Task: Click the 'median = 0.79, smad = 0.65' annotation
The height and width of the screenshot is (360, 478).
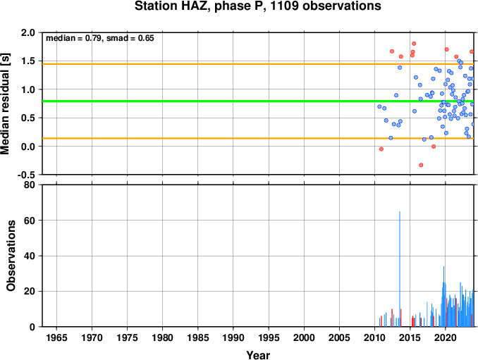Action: (100, 38)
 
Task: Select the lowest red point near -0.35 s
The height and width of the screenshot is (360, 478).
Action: (421, 165)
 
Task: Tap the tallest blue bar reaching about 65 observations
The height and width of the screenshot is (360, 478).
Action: (400, 269)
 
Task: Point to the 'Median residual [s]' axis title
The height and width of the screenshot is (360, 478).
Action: (5, 104)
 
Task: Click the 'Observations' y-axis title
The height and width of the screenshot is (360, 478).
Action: (11, 256)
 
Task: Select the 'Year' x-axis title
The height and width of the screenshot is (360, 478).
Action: (258, 355)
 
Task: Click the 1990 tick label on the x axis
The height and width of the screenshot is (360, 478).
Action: (233, 337)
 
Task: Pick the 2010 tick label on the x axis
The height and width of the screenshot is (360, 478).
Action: (374, 337)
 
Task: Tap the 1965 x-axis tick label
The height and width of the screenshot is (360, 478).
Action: (56, 337)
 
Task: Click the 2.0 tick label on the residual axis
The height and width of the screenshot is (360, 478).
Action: (28, 32)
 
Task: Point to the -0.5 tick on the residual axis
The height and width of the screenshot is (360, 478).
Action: (26, 175)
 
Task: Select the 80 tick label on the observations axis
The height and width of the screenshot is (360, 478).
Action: (30, 185)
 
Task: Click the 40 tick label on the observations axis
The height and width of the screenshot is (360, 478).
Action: (30, 256)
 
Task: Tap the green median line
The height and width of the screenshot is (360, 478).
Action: (258, 101)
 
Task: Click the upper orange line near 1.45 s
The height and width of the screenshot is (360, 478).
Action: (258, 64)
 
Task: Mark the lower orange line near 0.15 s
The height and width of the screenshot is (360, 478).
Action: (258, 138)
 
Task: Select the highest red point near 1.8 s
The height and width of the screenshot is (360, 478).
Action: (414, 44)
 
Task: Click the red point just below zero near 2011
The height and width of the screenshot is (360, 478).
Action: (381, 149)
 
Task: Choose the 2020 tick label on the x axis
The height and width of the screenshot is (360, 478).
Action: (446, 337)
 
